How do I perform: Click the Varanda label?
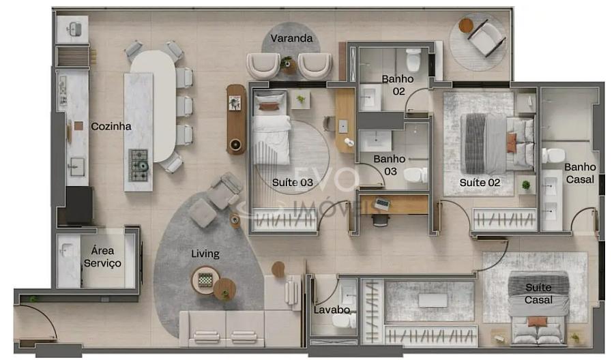[291, 38]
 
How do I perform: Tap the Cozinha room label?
[111, 126]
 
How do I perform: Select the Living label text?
[205, 254]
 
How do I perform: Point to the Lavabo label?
[332, 310]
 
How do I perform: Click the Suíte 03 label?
[293, 182]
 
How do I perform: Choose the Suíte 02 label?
[480, 183]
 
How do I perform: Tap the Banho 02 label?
[398, 85]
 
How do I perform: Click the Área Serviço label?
[102, 256]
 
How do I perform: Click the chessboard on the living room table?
[205, 280]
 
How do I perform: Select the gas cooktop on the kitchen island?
[138, 166]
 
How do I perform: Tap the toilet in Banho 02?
[413, 60]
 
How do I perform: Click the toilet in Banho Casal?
[553, 155]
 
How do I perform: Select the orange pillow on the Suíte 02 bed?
[512, 142]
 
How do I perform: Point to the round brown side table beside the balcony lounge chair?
[466, 25]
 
